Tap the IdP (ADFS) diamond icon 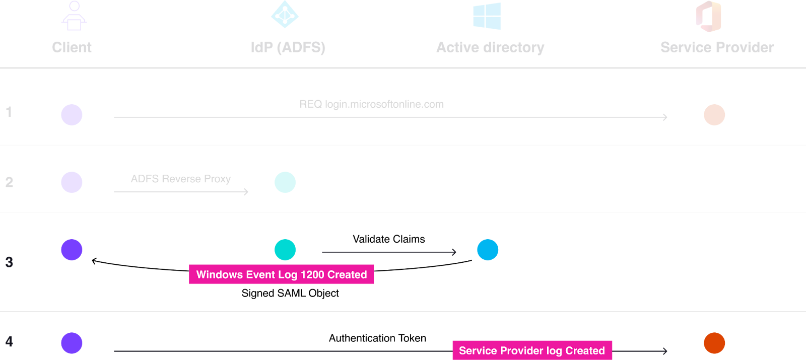(x=285, y=15)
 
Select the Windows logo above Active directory (x=487, y=16)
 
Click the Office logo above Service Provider (x=709, y=16)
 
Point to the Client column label (x=72, y=47)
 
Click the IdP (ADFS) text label (x=288, y=47)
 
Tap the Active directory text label (x=490, y=47)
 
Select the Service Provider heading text (x=717, y=47)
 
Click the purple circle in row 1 (x=72, y=115)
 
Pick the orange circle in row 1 (x=714, y=115)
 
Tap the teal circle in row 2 (x=285, y=182)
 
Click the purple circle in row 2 (x=72, y=182)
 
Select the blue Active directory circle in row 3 (x=488, y=250)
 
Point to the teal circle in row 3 (x=285, y=250)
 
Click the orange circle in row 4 (x=714, y=343)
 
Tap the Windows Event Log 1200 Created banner (x=281, y=274)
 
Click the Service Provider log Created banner (x=532, y=350)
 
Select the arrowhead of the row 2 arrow (x=246, y=192)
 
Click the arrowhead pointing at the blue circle (x=454, y=252)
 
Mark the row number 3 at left (x=9, y=262)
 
